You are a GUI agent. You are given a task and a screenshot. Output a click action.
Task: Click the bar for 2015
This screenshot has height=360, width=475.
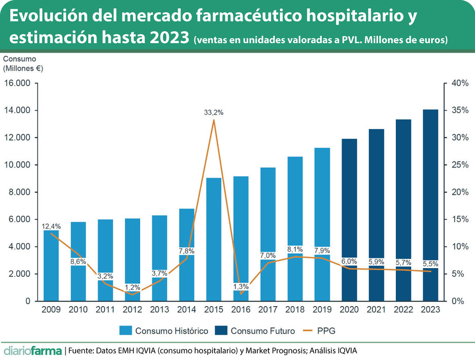[x=214, y=239]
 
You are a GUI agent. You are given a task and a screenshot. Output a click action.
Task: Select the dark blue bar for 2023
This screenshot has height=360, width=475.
[x=430, y=203]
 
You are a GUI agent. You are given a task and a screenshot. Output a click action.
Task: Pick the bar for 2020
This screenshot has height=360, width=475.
[x=349, y=218]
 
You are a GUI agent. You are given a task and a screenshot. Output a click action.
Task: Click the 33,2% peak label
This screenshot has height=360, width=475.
[x=214, y=113]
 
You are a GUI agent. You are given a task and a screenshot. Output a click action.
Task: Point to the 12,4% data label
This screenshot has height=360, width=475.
[x=51, y=226]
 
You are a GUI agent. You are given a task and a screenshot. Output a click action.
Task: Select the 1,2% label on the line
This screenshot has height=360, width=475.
[x=132, y=287]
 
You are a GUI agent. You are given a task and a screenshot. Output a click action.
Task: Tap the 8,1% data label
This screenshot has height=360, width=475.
[x=295, y=249]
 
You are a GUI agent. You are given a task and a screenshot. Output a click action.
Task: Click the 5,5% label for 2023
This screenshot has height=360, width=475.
[x=430, y=264]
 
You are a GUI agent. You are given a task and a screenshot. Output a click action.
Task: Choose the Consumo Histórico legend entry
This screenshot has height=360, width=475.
[x=164, y=331]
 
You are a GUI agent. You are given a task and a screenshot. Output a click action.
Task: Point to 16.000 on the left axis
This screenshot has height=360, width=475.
[x=17, y=83]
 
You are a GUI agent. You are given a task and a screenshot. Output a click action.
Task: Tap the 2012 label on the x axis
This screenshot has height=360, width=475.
[x=132, y=309]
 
